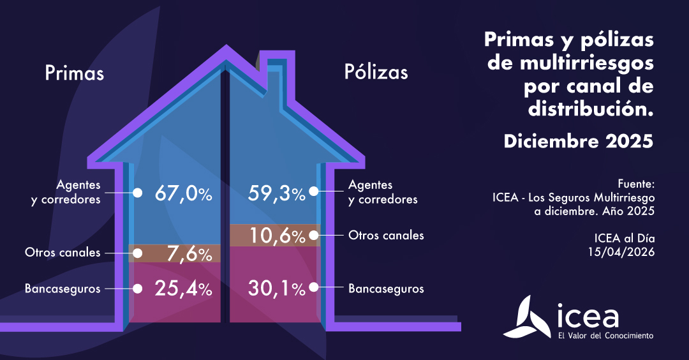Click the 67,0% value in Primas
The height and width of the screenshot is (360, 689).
pos(183,193)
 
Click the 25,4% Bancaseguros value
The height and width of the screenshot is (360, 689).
pos(183,289)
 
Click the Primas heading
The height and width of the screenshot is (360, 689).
pos(74,73)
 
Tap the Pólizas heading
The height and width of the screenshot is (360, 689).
pos(376,71)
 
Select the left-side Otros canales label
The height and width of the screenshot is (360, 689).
pos(63,252)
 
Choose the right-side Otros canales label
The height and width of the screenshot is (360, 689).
pos(386,236)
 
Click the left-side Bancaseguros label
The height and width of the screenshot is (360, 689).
pos(63,289)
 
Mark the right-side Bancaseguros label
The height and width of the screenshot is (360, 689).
pos(386,289)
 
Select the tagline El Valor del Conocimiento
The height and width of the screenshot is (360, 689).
pos(605,335)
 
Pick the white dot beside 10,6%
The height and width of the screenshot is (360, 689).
pos(314,235)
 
